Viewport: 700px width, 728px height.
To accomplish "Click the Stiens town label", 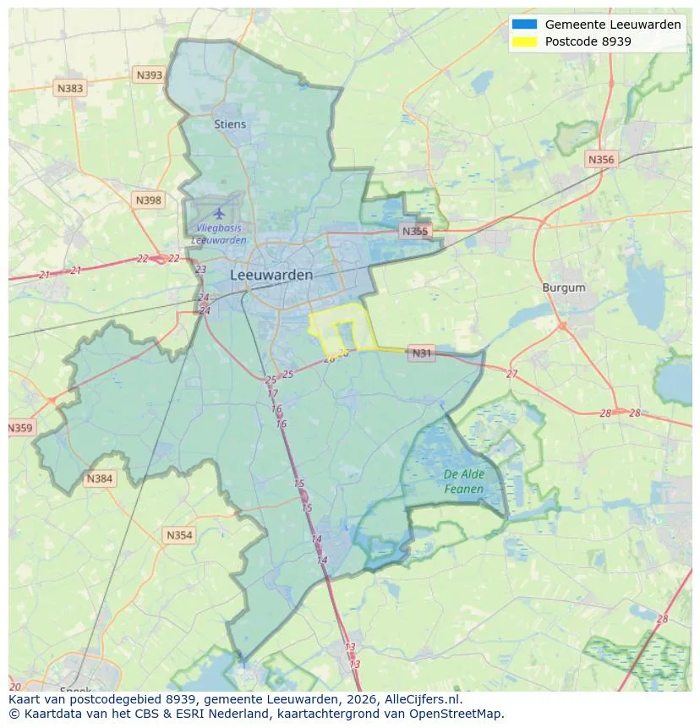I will coord(230,124).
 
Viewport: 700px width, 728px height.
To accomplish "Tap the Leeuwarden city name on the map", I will coord(271,276).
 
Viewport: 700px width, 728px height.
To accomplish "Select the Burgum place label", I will coord(564,288).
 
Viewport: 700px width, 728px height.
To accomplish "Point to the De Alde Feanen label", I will coord(464,482).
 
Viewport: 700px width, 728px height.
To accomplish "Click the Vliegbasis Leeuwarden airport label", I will coord(219,233).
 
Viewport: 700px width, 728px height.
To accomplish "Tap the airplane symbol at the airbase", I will coord(220,212).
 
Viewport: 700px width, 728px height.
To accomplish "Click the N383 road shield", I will coord(70,88).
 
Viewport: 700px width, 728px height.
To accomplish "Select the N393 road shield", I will coord(149,75).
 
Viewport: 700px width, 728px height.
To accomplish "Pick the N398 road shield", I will coord(148,200).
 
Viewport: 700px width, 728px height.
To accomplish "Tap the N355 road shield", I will coord(415,231).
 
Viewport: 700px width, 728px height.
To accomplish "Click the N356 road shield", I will coord(601,159).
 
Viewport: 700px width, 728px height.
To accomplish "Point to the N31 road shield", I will coord(422,353).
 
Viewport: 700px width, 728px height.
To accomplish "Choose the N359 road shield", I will coord(20,429).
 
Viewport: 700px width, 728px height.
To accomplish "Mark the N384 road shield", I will coord(99,479).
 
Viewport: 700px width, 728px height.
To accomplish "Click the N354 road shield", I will coord(179,535).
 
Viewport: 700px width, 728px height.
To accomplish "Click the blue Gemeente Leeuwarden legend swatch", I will coord(524,25).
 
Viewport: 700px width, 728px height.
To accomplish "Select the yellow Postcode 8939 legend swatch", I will coord(524,41).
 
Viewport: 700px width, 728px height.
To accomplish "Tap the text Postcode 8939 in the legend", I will coord(588,41).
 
